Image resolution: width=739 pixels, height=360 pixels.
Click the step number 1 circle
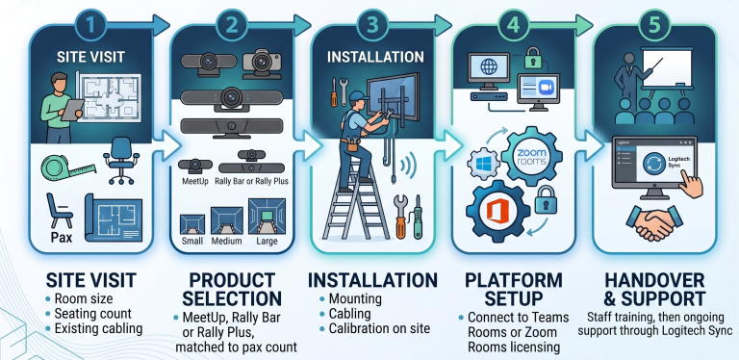point(90,24)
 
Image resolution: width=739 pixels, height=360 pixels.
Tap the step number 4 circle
point(513,24)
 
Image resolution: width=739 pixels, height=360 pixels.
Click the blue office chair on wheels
point(121,160)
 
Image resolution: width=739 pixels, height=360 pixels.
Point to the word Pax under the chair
point(62,237)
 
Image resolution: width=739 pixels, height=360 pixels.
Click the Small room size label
point(192,242)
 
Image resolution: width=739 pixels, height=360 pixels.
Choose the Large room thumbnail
point(267,217)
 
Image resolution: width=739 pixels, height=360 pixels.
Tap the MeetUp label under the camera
point(194,181)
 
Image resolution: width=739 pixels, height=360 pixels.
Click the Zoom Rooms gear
point(531,157)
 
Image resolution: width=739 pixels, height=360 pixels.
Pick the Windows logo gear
point(484,165)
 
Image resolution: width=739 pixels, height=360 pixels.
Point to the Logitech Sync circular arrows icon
point(654,164)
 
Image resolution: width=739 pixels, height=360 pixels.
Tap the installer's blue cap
point(358,96)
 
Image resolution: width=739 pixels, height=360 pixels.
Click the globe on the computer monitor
point(488,67)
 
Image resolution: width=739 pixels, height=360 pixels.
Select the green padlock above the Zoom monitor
point(533,58)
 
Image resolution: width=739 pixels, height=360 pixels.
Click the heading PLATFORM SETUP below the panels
point(513,289)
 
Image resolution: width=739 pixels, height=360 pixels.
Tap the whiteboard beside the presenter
point(668,68)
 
